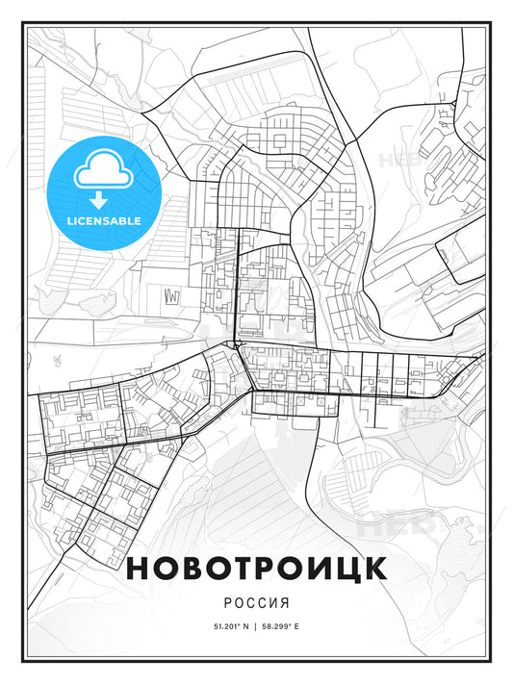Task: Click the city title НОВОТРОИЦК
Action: point(256,569)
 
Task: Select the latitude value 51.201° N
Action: point(227,626)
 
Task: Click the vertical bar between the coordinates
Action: point(256,626)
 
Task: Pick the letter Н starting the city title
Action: point(139,569)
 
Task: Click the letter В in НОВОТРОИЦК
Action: point(192,569)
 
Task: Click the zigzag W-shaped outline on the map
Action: point(172,294)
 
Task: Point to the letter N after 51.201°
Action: point(245,626)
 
